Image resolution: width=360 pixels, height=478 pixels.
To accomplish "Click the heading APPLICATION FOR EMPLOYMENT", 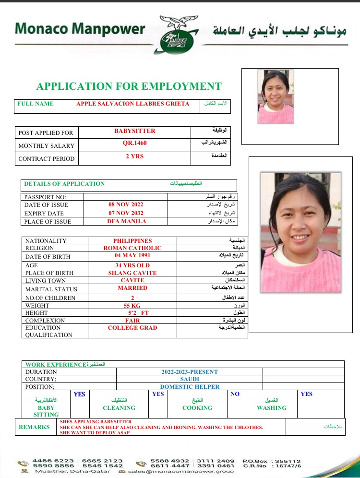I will click(129, 86).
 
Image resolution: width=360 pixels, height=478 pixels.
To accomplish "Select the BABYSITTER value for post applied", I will click(135, 131).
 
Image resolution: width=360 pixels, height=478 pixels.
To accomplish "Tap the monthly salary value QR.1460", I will click(135, 143).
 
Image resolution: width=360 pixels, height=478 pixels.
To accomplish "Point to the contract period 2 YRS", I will click(135, 156).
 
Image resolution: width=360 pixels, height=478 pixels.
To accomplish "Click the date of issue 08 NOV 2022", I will click(126, 204).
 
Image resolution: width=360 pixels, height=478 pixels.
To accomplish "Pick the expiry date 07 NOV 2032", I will click(126, 213).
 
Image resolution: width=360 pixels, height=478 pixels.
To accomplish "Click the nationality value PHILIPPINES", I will click(132, 241).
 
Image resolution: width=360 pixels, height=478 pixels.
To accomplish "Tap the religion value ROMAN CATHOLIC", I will click(132, 248).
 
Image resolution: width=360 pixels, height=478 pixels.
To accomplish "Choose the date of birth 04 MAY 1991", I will click(132, 255).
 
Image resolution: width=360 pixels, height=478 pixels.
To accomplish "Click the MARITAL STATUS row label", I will click(51, 289).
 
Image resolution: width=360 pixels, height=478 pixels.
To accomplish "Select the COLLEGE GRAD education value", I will click(132, 328).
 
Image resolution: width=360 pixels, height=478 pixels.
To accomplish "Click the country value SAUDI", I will click(189, 379).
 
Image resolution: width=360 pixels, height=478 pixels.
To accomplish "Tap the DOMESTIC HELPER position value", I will click(190, 386).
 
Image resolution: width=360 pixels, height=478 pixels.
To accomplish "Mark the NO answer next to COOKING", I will click(235, 394).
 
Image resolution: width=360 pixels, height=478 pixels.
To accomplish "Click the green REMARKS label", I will click(34, 427).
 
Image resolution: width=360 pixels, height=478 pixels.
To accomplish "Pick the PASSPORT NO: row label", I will click(46, 197).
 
